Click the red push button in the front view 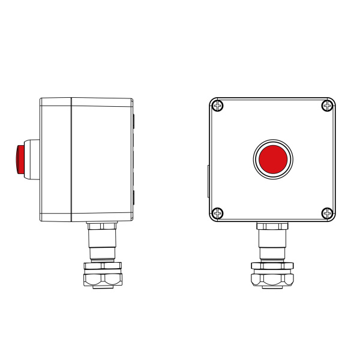272,158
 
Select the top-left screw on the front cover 218,106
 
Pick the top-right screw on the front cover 327,106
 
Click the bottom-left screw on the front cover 218,212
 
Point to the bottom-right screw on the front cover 327,212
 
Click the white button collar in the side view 32,158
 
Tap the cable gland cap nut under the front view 272,279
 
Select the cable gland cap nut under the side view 102,279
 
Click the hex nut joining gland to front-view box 272,226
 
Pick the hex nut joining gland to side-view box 102,226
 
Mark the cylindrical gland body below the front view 272,243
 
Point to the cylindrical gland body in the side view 102,243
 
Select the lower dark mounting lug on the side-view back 133,197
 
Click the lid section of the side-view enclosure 56,159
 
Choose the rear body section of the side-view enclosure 101,159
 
